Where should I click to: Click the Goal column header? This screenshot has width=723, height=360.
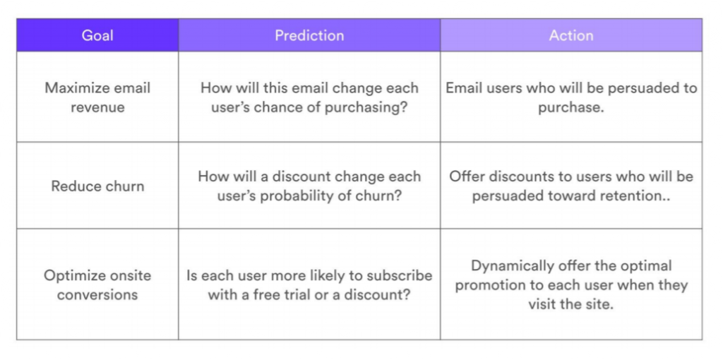pos(97,35)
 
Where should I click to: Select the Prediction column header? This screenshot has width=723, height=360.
pos(309,35)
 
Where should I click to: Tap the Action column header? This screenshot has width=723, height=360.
pos(570,35)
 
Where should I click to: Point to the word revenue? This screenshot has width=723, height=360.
pos(97,107)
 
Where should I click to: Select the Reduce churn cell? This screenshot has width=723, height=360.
pos(97,186)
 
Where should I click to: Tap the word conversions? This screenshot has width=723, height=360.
pos(97,294)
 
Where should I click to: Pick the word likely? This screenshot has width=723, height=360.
pos(328,275)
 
